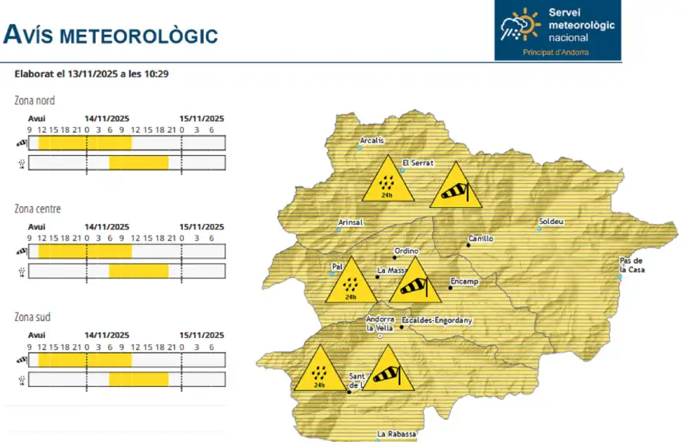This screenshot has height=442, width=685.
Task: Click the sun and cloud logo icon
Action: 520,24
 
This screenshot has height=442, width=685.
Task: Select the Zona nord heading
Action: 34,100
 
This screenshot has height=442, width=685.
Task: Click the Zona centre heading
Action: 37,209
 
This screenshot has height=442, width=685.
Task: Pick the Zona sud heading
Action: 33,317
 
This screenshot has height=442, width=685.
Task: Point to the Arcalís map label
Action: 371,141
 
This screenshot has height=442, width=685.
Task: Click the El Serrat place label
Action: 418,164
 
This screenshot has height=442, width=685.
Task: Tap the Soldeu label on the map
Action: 551,222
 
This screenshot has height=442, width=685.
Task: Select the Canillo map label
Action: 480,239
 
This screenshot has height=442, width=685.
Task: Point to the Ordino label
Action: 406,251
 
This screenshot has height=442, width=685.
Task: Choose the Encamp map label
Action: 464,281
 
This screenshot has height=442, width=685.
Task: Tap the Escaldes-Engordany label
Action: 436,320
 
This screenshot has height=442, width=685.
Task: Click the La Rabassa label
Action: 397,434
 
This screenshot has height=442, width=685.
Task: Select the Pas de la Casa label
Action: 632,264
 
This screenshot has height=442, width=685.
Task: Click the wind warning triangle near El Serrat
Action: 456,188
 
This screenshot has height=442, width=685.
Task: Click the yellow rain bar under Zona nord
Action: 139,163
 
